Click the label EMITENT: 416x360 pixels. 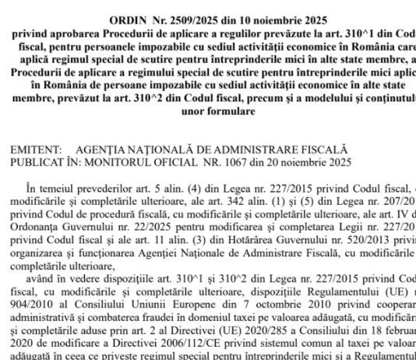(x=36, y=147)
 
